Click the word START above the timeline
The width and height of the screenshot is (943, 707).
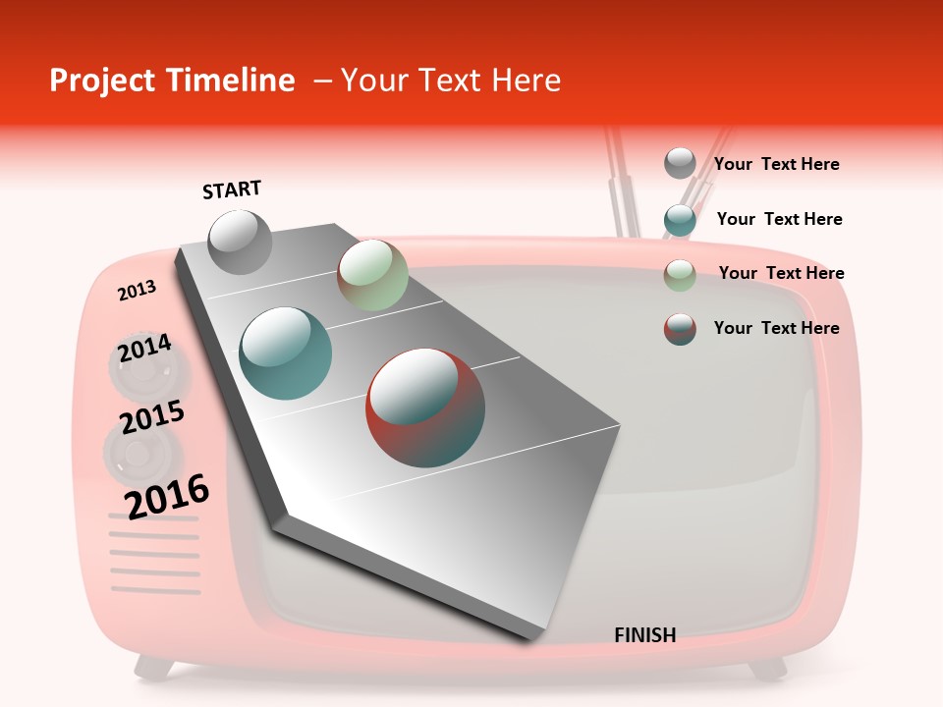232,190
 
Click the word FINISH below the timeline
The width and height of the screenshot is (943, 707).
644,635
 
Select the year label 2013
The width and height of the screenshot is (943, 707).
137,291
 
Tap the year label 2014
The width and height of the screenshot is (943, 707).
144,349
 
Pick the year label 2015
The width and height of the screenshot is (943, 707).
152,417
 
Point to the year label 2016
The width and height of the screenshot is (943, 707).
167,496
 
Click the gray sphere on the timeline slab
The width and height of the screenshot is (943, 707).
240,242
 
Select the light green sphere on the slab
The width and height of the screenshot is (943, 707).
372,275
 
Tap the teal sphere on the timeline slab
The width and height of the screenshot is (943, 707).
286,353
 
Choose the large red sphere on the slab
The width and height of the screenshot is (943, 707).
425,408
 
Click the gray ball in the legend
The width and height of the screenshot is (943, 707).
680,163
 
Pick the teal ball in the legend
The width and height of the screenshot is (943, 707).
680,220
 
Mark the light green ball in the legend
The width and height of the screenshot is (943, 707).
680,275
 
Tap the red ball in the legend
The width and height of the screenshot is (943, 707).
680,329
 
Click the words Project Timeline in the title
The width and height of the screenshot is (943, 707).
172,81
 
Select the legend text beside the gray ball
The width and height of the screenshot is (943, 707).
776,164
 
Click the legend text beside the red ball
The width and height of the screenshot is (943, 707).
776,328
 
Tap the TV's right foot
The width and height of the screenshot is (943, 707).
766,669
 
